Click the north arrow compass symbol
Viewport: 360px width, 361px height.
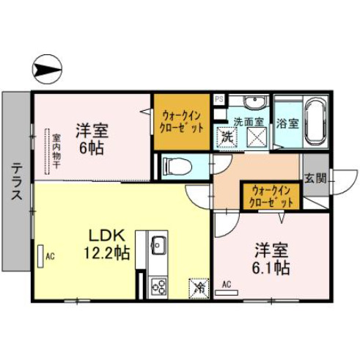click(46, 70)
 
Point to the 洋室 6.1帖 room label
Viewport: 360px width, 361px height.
click(271, 258)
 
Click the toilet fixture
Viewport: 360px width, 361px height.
click(175, 167)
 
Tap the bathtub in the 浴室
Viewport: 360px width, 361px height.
click(316, 122)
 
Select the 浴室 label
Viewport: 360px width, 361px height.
click(287, 123)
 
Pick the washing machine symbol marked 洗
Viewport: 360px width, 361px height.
click(227, 136)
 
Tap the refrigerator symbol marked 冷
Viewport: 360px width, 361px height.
click(197, 287)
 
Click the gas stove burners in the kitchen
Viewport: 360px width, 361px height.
click(158, 287)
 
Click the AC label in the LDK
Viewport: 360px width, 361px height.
click(51, 256)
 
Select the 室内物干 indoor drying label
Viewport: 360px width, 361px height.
click(56, 150)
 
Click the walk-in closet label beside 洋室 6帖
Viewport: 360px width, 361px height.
click(183, 120)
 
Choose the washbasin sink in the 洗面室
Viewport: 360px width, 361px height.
click(255, 102)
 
